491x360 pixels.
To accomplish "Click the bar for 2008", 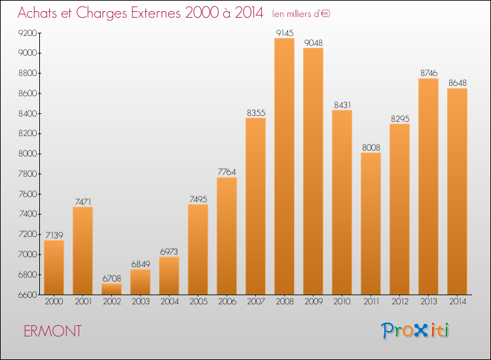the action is pos(284,166).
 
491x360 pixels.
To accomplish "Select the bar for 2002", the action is pos(111,289).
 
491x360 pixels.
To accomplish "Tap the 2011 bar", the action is pos(371,223).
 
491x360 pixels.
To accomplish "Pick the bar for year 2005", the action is pos(198,249).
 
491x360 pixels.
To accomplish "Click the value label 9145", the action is pos(285,33).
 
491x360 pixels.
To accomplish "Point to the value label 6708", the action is pos(112,278).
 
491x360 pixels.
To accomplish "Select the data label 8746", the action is pos(429,73).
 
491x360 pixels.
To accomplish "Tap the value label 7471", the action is pos(83,202).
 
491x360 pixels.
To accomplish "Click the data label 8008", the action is pos(371,147).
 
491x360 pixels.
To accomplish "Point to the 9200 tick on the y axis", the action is pos(28,33).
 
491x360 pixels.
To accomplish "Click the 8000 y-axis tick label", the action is pos(28,154).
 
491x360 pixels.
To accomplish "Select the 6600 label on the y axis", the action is pos(28,295).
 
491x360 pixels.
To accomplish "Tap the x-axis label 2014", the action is pos(458,302).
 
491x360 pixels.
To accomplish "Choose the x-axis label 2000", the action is pos(54,302).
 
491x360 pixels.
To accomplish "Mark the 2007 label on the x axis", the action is pos(256,302).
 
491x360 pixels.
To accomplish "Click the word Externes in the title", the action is pos(156,12).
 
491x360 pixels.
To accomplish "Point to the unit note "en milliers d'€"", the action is pos(301,14).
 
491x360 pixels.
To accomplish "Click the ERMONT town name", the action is pos(52,331).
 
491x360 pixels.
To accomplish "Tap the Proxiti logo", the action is pos(415,331).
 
